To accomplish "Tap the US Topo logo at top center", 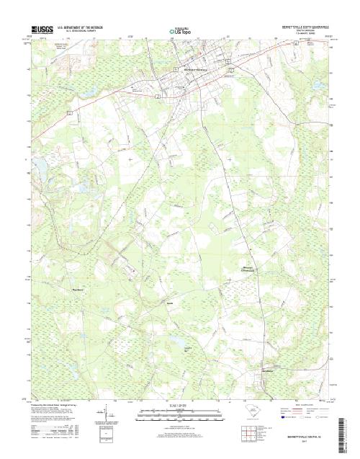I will point(180,32).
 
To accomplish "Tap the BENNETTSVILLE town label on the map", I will point(192,68).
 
